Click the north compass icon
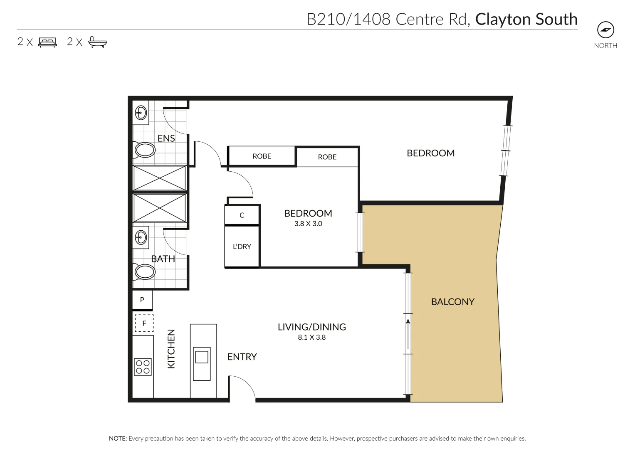605,30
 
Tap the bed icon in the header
47,42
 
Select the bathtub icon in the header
98,42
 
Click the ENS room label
166,138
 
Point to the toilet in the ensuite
144,150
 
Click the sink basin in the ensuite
141,113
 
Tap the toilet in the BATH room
144,272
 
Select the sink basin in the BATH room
141,237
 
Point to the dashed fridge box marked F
144,323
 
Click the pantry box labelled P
142,300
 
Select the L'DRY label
242,247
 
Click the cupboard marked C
242,215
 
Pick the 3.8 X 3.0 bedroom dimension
308,224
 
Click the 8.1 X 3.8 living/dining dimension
312,337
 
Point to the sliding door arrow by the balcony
408,334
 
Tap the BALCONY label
453,302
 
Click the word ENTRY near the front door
242,357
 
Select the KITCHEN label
171,349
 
